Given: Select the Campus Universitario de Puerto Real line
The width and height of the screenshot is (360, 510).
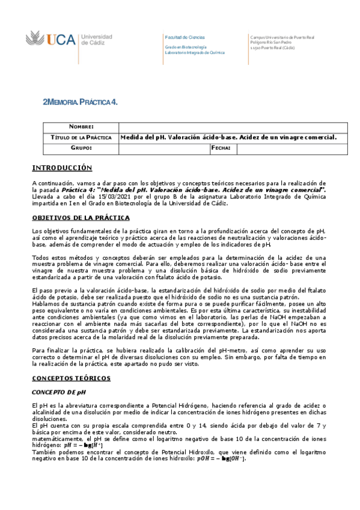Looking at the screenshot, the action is (282, 37).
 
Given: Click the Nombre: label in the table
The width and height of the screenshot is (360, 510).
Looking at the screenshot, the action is (81, 127).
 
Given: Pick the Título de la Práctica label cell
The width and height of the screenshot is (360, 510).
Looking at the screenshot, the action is (81, 138).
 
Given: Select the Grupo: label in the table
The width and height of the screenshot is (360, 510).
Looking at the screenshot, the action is (81, 148).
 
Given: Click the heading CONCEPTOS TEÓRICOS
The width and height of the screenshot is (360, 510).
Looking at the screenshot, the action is (71, 378).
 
